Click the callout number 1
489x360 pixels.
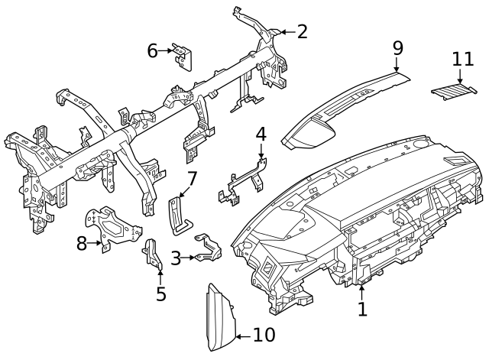pos(362,309)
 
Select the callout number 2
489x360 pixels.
pos(302,31)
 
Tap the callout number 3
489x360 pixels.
pos(176,258)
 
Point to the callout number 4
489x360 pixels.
pos(261,134)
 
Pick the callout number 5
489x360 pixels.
pos(160,294)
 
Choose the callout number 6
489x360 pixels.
pos(152,50)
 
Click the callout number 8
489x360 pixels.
pos(83,244)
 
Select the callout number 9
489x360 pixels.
pos(397,47)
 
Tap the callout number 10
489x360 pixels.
pos(263,335)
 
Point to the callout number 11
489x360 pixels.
pos(462,59)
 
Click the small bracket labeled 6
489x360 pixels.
pos(183,54)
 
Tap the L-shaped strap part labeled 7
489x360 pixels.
pos(177,212)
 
